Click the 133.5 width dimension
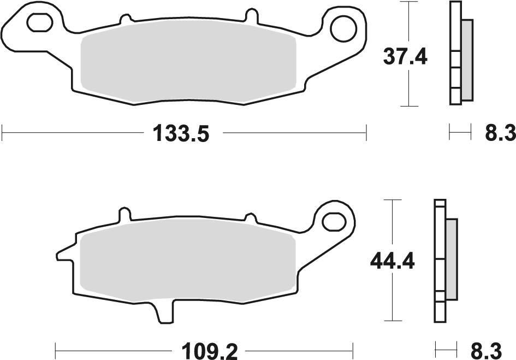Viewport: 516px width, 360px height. point(181,133)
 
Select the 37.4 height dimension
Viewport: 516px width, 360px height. point(405,57)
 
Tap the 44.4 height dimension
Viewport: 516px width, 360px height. point(392,262)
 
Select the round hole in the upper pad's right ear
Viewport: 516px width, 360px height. point(342,28)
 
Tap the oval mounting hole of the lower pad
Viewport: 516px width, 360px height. point(333,221)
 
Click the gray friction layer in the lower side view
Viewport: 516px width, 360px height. point(451,259)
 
